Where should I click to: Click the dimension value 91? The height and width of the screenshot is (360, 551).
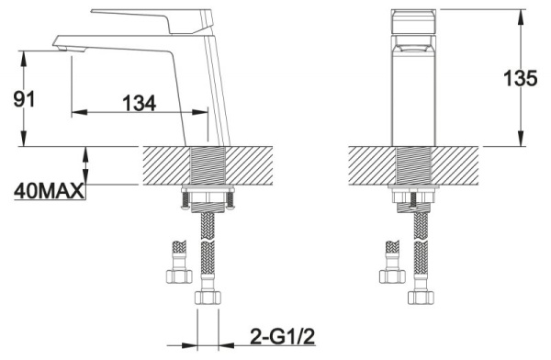pyautogui.click(x=24, y=99)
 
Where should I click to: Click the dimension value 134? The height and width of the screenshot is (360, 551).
pyautogui.click(x=139, y=103)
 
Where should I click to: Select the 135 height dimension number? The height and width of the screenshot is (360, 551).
pyautogui.click(x=520, y=78)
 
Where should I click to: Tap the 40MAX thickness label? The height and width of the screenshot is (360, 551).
pyautogui.click(x=50, y=191)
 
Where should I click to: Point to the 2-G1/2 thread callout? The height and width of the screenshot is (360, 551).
pyautogui.click(x=283, y=336)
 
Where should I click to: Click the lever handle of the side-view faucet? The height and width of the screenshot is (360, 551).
pyautogui.click(x=152, y=21)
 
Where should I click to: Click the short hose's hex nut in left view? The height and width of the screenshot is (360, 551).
pyautogui.click(x=179, y=276)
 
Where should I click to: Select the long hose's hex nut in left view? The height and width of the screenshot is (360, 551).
pyautogui.click(x=208, y=298)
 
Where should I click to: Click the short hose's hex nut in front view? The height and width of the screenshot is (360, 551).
pyautogui.click(x=392, y=276)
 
